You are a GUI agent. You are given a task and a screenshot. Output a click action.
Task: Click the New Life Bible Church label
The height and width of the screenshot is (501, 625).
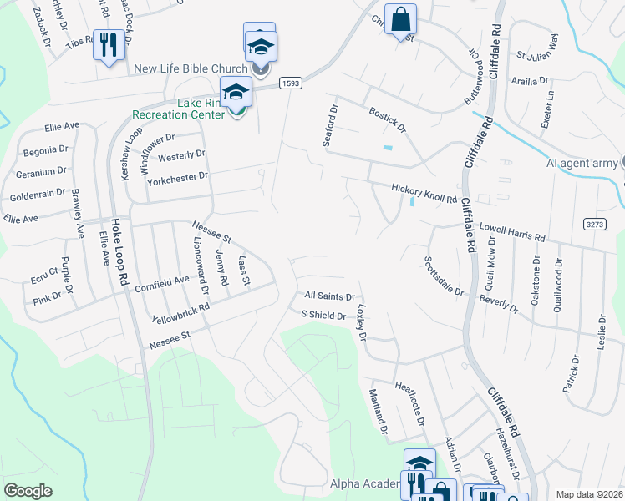click(192, 68)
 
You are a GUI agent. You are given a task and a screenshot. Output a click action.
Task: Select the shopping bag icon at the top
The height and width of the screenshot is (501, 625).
click(401, 19)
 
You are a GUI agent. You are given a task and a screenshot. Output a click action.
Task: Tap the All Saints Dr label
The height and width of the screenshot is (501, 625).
click(330, 296)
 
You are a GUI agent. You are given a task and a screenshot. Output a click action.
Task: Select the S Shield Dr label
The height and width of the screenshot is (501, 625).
click(323, 316)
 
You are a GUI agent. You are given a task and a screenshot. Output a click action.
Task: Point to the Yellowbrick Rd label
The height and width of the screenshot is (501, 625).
click(180, 314)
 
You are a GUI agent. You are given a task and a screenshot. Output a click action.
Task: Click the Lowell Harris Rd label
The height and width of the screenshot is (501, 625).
click(511, 231)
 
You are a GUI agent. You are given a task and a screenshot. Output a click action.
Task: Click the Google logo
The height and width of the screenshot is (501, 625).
click(28, 491)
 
